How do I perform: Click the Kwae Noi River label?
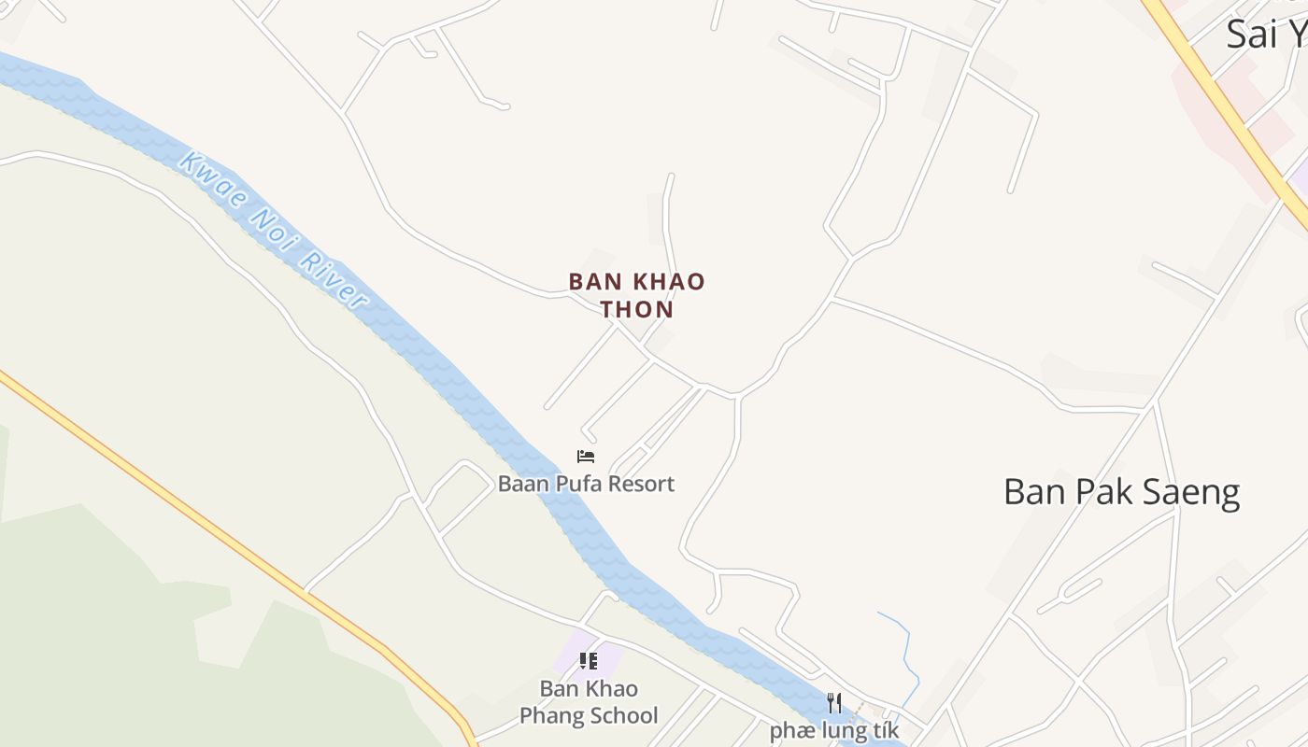[272, 231]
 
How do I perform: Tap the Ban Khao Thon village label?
[637, 294]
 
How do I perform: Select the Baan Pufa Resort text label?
[586, 484]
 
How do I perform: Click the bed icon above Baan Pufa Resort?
[586, 456]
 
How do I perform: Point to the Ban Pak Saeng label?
[1121, 492]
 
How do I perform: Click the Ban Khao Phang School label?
[589, 702]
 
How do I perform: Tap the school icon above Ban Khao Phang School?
[588, 661]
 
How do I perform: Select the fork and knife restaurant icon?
[834, 702]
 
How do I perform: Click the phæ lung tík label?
[834, 729]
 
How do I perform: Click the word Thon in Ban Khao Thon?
[637, 309]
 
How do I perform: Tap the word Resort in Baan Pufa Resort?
[640, 484]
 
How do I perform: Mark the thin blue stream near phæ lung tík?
[903, 644]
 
